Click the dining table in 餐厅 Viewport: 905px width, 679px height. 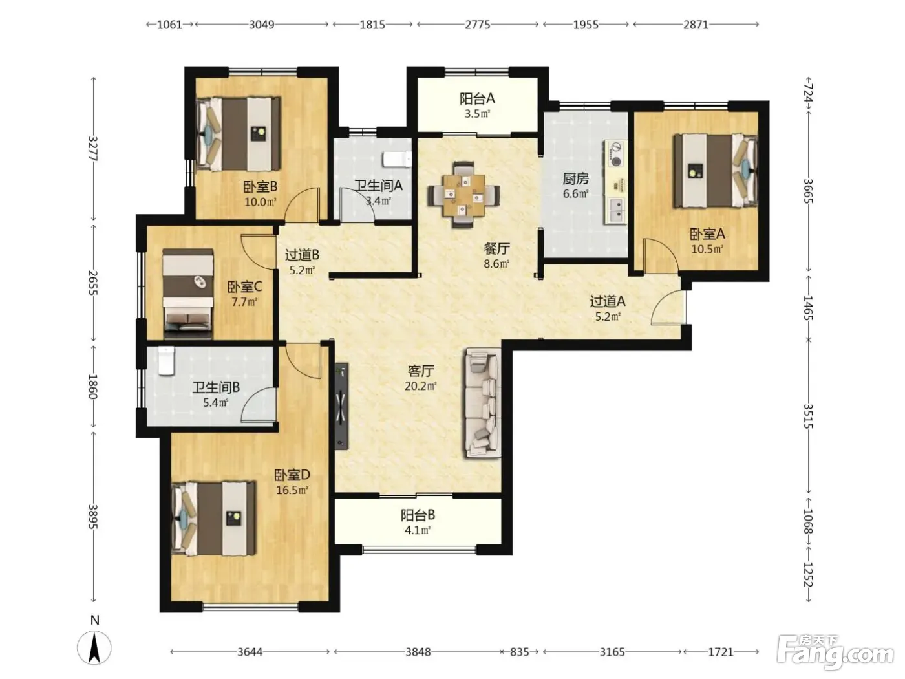pos(464,195)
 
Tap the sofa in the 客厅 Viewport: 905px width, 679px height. pos(484,403)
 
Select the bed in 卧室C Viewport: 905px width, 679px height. pos(188,293)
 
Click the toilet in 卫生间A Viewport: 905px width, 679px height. pos(398,160)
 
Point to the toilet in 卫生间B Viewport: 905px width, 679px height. pos(167,361)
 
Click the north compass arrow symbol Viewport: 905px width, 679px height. pos(94,647)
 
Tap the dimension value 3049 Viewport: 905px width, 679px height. pos(261,25)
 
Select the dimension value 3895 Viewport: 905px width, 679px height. pos(93,517)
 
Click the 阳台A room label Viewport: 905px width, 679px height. pos(477,99)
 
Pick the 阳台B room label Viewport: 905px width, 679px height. pos(418,515)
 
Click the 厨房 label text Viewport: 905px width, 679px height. pos(575,178)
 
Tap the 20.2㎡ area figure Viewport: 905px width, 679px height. pos(421,386)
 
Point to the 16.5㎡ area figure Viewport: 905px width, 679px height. pos(292,490)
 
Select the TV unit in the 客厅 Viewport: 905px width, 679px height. pos(341,406)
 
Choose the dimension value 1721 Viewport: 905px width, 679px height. pos(721,652)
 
